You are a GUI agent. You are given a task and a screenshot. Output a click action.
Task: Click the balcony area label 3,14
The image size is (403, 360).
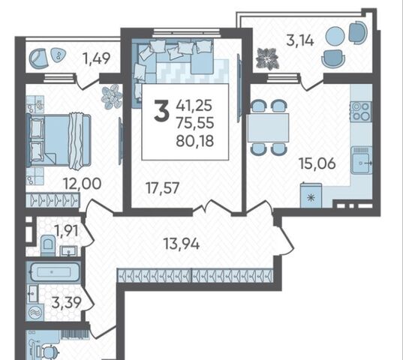tap(300, 40)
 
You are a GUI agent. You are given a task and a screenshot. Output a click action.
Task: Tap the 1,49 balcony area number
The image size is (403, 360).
tap(96, 58)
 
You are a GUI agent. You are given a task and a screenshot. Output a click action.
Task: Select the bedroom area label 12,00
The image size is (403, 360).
tap(83, 184)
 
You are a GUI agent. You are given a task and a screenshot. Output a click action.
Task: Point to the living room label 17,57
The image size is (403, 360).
tap(162, 188)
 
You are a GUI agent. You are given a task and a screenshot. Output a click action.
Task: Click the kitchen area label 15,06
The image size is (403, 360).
tap(317, 163)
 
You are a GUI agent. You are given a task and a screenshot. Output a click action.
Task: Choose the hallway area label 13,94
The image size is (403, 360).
tap(182, 244)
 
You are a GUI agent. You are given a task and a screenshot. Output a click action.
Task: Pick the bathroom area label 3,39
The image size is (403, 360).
tap(67, 302)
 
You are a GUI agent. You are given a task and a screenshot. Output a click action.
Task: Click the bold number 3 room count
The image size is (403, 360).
tap(161, 111)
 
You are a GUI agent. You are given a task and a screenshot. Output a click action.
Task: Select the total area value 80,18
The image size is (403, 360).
tap(195, 141)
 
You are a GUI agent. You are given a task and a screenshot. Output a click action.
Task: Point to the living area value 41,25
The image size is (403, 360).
tap(194, 105)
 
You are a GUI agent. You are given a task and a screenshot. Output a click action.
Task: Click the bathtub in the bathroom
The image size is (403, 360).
tap(54, 271)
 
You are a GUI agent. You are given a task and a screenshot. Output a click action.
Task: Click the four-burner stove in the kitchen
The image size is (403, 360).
tap(361, 111)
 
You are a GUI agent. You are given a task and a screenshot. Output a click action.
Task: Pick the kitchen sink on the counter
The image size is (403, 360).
tap(362, 160)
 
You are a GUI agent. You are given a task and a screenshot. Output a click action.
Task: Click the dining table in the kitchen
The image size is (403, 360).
tap(268, 127)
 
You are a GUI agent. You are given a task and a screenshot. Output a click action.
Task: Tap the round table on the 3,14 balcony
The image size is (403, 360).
tap(335, 36)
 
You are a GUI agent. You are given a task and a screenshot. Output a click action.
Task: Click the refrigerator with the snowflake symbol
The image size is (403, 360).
tap(311, 195)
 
